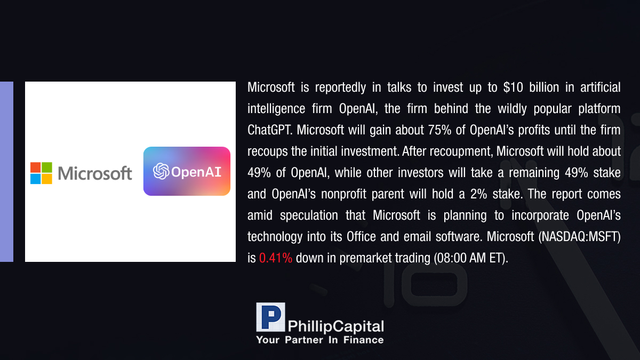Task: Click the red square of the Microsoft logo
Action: (36, 167)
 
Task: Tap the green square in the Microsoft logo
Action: (47, 167)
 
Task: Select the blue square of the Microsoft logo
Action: (36, 179)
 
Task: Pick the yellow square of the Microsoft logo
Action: (47, 179)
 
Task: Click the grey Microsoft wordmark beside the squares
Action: (95, 173)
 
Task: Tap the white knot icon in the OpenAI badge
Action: (161, 171)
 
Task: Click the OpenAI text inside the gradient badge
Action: (196, 172)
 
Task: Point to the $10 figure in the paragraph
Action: (513, 87)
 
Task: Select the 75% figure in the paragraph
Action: (439, 130)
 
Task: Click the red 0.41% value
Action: (275, 258)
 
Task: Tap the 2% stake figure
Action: (478, 194)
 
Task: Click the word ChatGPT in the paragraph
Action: (270, 130)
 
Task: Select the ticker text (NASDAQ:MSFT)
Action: (579, 237)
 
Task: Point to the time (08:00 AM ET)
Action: (471, 258)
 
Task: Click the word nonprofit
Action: (343, 194)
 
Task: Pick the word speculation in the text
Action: (309, 215)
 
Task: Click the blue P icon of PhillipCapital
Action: (270, 317)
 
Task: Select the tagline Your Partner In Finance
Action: (320, 340)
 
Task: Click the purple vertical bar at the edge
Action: (6, 172)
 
